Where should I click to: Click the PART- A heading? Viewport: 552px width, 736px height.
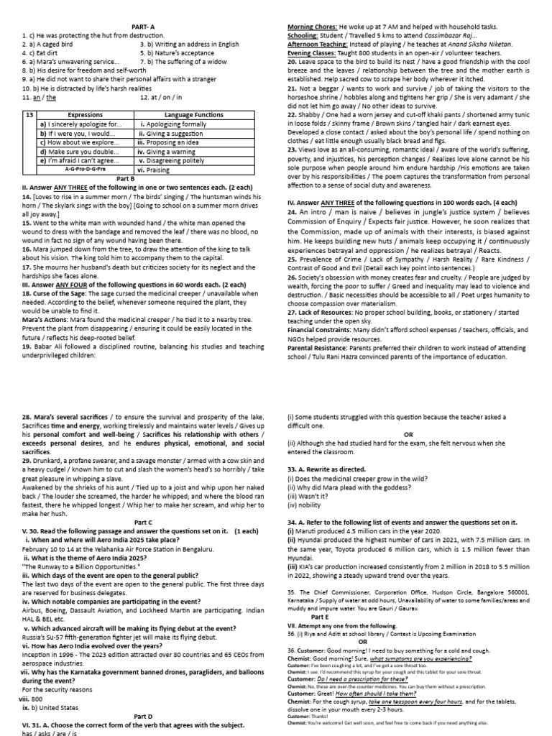(145, 27)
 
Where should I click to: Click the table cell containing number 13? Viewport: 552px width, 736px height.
(29, 115)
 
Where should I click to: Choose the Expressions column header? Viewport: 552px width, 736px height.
(85, 115)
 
